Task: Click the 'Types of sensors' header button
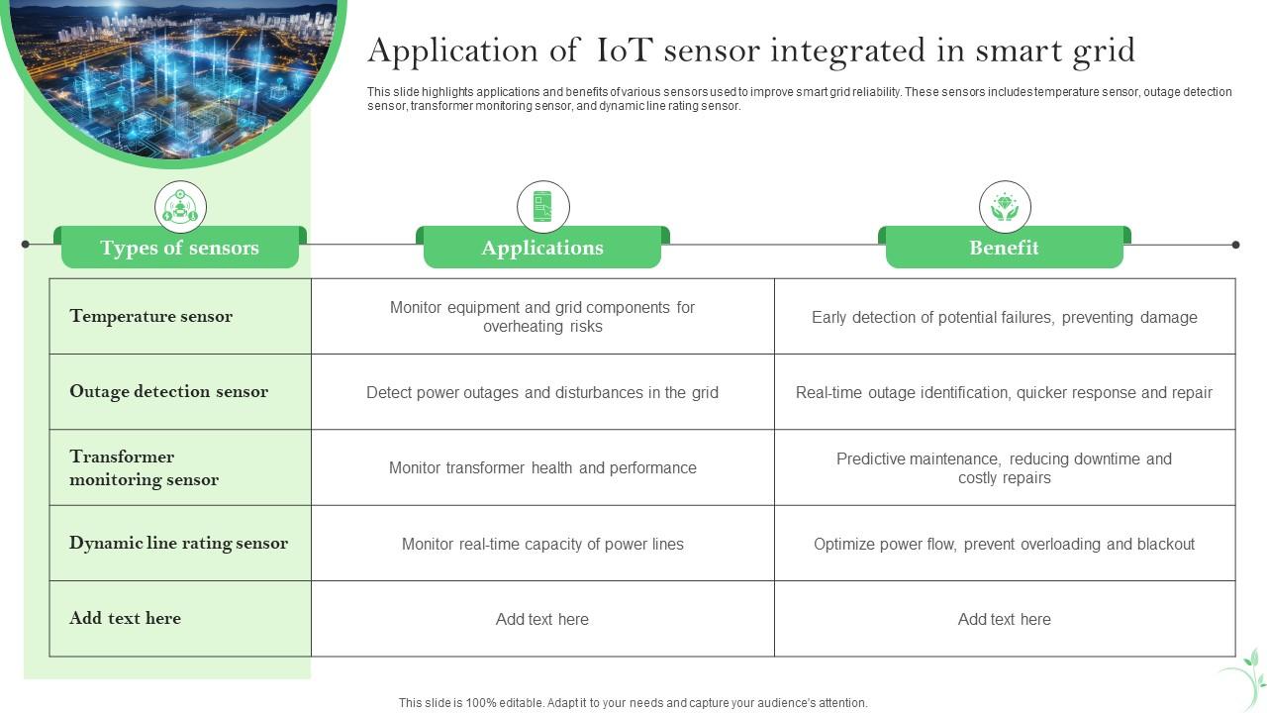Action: pos(179,248)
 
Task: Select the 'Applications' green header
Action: pos(541,248)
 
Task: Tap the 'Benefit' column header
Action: pos(1004,248)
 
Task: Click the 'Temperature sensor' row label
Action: pos(150,316)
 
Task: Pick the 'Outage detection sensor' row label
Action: pos(168,391)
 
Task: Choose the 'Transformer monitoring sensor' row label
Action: pos(144,467)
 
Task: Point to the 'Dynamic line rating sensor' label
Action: pos(178,543)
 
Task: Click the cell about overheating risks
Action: pos(542,317)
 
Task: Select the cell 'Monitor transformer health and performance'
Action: pos(542,467)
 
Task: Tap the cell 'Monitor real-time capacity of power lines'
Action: pos(542,544)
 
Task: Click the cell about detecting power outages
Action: pos(542,392)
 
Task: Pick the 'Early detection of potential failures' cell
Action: pos(1004,317)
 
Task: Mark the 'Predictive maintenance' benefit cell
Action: pos(1004,467)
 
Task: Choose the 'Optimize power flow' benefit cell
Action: pos(1004,544)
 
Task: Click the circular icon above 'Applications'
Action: pos(542,207)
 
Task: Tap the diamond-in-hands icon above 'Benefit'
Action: pos(1005,207)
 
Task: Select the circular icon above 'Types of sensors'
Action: pos(180,207)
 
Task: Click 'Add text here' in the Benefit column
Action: pos(1004,619)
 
